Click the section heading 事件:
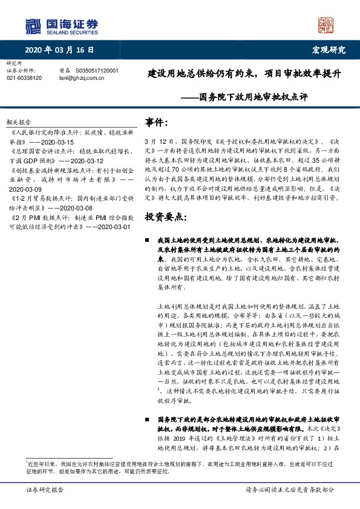click(x=156, y=123)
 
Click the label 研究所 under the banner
click(x=14, y=63)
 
